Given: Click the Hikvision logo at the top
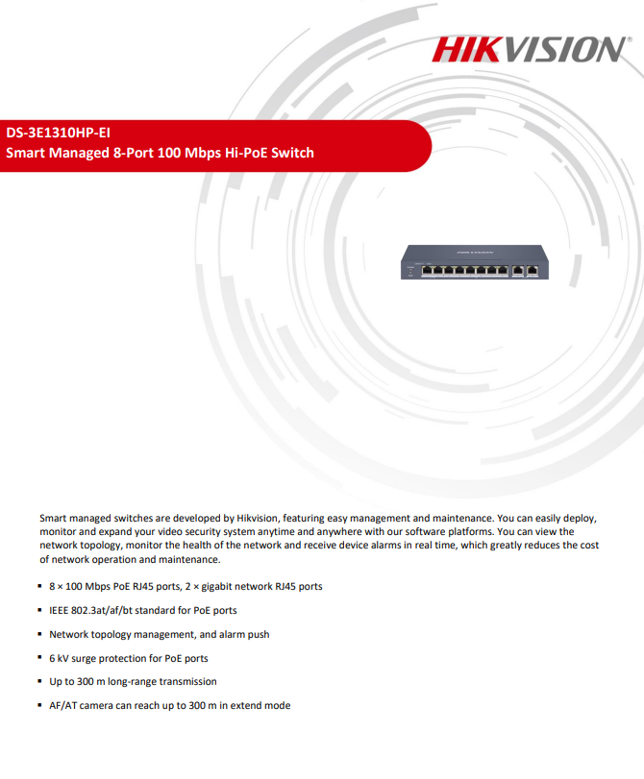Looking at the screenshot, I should (531, 49).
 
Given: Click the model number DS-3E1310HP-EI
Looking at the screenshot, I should (58, 133).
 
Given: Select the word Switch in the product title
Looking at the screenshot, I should (292, 153).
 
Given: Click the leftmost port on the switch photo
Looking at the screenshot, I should (428, 270).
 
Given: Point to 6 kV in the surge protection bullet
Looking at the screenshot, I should (61, 658).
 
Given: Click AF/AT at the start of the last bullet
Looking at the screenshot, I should (63, 705).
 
